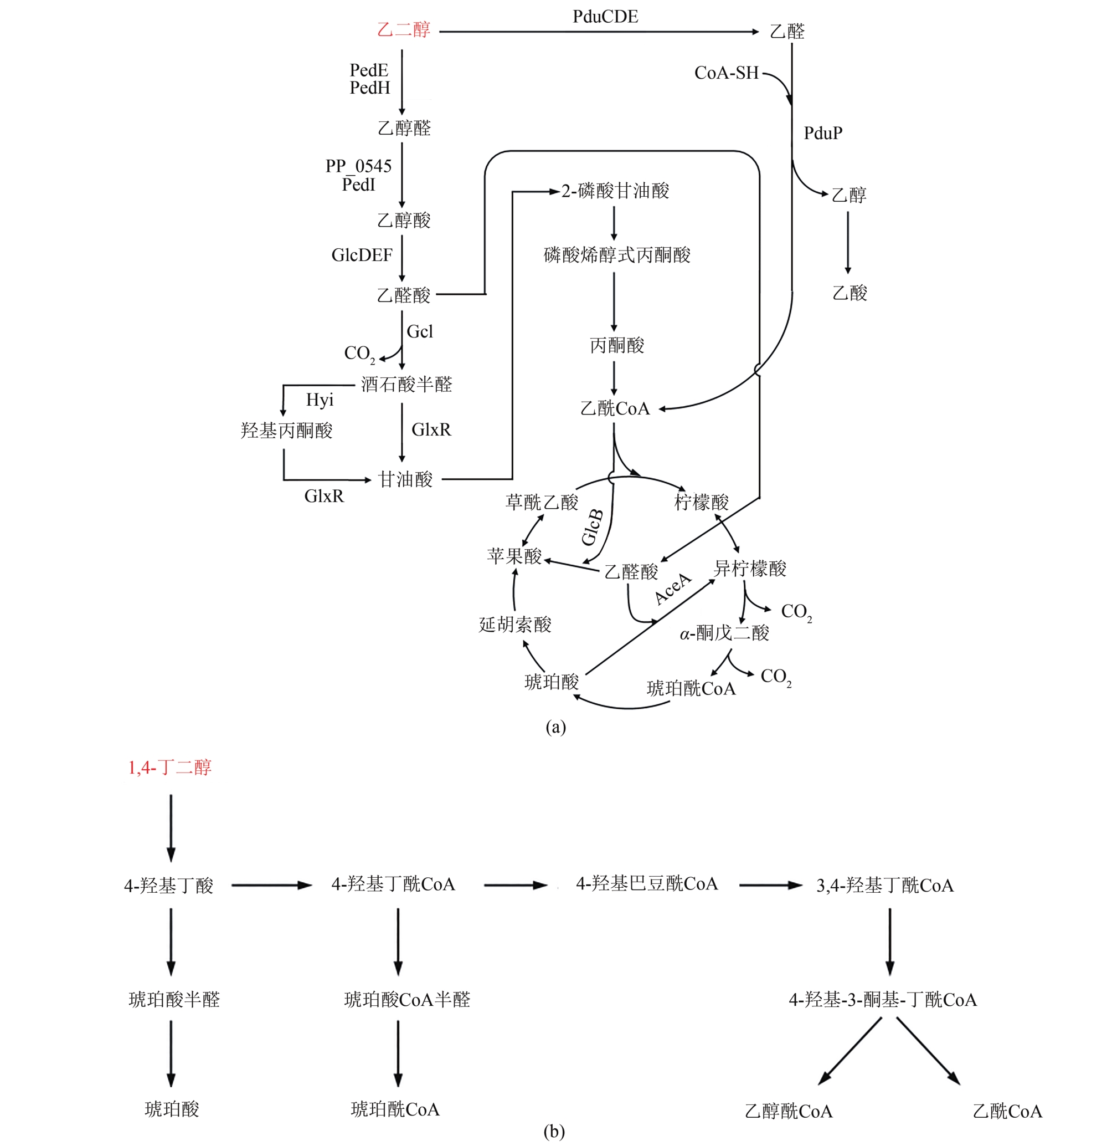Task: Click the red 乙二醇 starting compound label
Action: [403, 30]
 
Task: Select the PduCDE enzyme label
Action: [605, 17]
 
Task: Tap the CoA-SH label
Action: [726, 73]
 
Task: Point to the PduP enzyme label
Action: [823, 134]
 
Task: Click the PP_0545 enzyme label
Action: [358, 166]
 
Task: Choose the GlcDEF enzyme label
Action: [362, 255]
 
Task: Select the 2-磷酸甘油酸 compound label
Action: [615, 191]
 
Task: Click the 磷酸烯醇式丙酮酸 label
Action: [616, 255]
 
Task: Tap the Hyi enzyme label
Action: [320, 400]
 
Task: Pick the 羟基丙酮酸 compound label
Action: [286, 431]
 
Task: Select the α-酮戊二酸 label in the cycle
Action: [724, 633]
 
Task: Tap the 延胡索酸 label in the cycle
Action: [515, 625]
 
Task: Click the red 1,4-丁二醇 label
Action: [169, 768]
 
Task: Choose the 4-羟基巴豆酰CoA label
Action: [646, 883]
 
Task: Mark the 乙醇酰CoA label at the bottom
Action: [788, 1111]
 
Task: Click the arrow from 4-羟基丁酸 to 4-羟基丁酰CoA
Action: [272, 885]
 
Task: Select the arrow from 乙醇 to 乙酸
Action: [847, 242]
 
